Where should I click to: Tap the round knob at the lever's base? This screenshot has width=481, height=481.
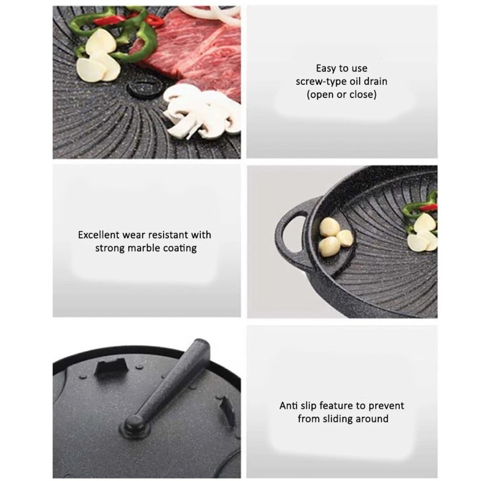pos(136,425)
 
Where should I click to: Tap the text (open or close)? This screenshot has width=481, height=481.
pos(342,95)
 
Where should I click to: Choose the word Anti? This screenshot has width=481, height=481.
pos(290,405)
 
